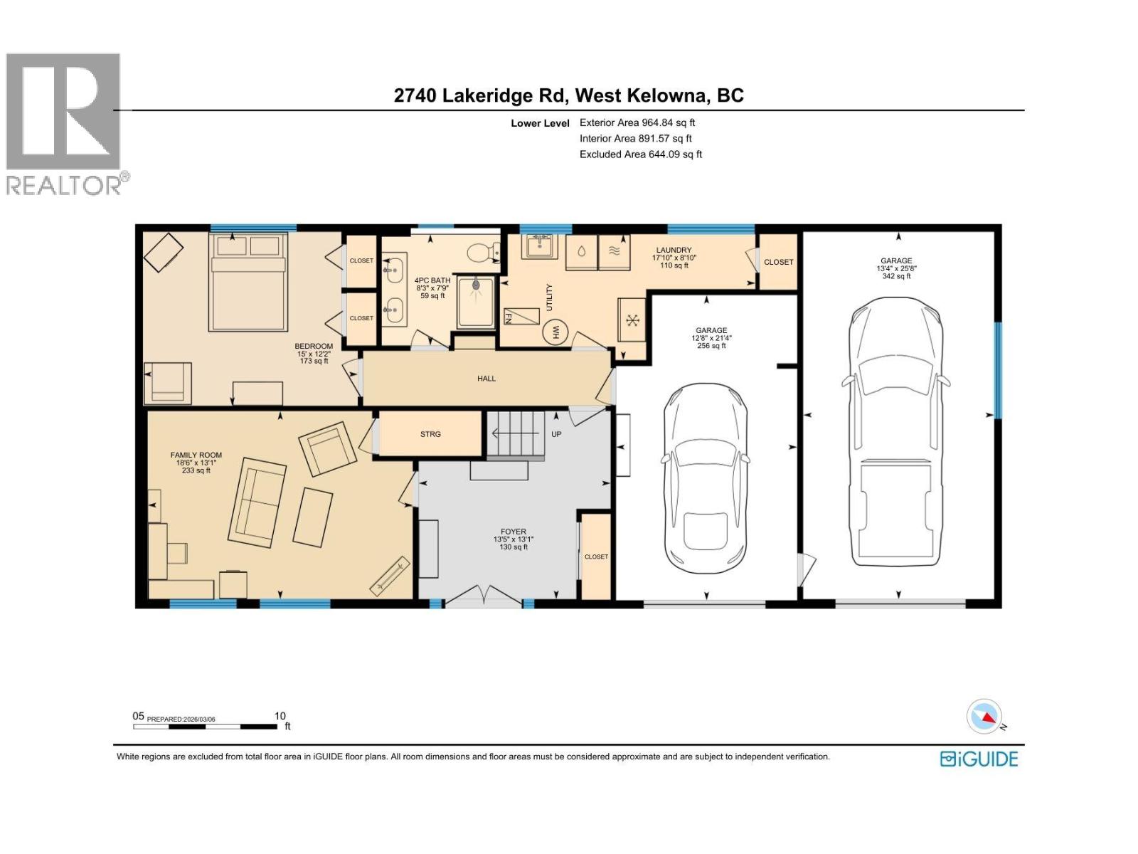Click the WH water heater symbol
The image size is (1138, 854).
pos(555,332)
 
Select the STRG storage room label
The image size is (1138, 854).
pos(430,433)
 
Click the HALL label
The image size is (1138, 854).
pos(486,379)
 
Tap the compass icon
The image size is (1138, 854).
pos(984,716)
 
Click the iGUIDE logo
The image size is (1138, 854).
pos(979,759)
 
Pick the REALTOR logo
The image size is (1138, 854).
pos(65,124)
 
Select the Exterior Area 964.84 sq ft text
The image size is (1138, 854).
pos(637,122)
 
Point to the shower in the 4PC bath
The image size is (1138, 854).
pos(475,302)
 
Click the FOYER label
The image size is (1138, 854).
pos(513,532)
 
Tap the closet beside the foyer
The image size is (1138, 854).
pos(596,557)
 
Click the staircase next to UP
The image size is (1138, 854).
pos(516,434)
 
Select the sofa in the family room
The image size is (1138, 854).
pos(257,502)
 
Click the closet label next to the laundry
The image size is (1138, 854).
pos(778,262)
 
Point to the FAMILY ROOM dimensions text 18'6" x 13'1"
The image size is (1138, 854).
pos(196,463)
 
